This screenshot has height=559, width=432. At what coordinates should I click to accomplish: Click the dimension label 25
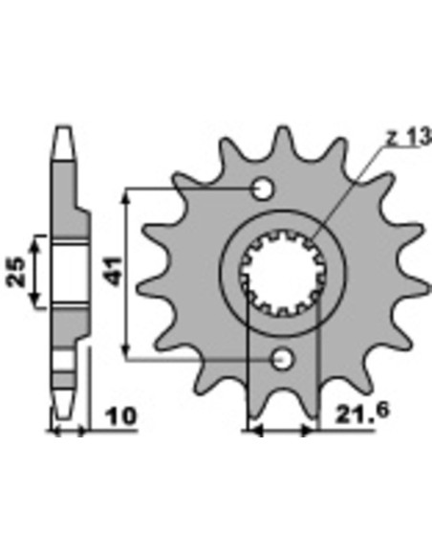coord(16,272)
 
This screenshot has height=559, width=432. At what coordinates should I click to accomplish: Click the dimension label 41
coord(115,271)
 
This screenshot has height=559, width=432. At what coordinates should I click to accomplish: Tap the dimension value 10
coord(121,416)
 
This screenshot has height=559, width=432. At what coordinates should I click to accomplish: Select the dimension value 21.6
coord(362,412)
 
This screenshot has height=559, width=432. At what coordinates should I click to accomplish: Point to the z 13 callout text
coord(409,137)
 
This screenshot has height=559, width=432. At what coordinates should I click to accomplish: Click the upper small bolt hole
coord(264,189)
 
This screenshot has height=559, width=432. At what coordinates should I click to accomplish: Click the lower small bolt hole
coord(283,359)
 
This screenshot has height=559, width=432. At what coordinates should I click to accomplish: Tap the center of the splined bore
coord(283,275)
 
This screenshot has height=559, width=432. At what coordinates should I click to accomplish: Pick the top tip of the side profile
coord(64,126)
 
